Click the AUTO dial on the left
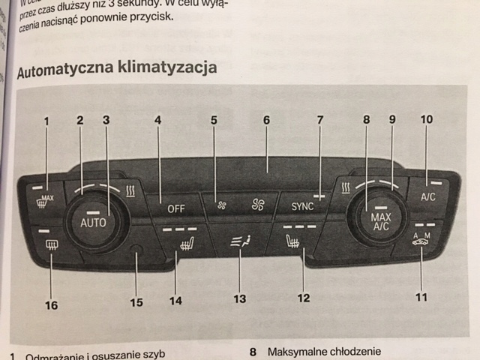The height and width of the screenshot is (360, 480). pos(96,221)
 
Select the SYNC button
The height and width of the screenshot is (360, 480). pos(302,204)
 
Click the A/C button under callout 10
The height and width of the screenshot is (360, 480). pos(427,196)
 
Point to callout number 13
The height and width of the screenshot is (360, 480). pos(239,298)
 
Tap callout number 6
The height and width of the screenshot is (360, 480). pos(265,120)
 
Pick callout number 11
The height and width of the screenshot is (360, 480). pos(421,297)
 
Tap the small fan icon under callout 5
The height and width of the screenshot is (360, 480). pos(222,203)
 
